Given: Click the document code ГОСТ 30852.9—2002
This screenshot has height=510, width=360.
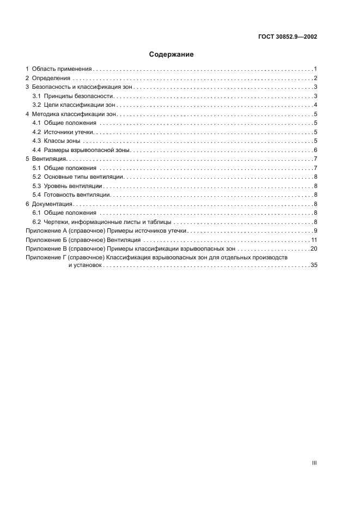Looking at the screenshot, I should point(288,37).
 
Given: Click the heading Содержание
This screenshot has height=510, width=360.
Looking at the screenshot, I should point(172,54).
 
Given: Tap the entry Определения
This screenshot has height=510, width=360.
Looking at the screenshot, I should point(51,78).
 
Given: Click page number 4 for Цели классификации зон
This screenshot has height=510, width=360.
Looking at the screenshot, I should point(315,105).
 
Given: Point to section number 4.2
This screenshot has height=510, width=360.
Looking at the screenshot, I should point(37,132).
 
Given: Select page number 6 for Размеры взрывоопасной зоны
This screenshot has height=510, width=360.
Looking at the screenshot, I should point(315,150).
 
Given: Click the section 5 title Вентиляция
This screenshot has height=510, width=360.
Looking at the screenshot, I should point(49,159).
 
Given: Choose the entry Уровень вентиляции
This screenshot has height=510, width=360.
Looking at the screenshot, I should point(72,186).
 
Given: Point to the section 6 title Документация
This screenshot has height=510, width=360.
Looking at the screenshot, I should point(52,203).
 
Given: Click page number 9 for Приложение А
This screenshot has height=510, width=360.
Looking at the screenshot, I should point(315,231).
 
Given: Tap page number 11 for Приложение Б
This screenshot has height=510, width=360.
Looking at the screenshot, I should point(314,240).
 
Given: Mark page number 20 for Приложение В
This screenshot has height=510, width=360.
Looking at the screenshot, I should point(313,248).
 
